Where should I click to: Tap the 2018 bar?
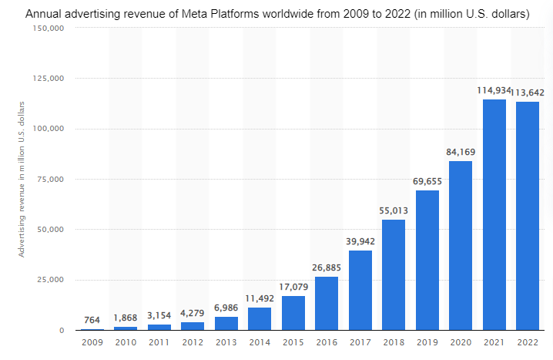[394, 274]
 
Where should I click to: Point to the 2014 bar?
[260, 318]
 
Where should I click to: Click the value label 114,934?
[494, 91]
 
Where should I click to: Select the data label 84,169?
[461, 152]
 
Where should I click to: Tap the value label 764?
[92, 320]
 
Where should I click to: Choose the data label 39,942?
[360, 241]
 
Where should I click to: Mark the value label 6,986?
[226, 308]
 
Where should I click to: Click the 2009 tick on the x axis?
[92, 341]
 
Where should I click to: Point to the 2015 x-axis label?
[293, 341]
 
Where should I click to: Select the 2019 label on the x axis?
[427, 341]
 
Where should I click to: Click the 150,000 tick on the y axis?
[48, 28]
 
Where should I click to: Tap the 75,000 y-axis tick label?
[50, 180]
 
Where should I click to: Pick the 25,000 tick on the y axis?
[50, 280]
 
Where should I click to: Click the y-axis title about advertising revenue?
[22, 179]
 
